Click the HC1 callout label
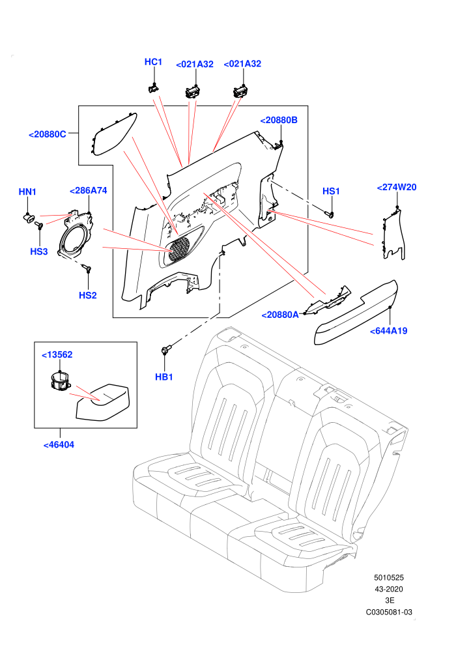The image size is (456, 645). (153, 62)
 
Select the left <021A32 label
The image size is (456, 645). (195, 64)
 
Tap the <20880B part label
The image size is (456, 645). (279, 120)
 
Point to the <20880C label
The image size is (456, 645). (48, 134)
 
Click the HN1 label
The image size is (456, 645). (27, 192)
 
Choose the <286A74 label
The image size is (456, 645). (89, 190)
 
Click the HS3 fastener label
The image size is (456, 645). (39, 251)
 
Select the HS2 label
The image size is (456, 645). (87, 295)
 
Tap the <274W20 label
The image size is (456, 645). (397, 187)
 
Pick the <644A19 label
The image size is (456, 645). (388, 331)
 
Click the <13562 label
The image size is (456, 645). (57, 354)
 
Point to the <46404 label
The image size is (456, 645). (59, 445)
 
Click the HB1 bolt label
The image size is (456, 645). (164, 377)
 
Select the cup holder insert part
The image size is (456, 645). (60, 381)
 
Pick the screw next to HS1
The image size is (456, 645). (330, 214)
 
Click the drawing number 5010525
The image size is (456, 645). (388, 577)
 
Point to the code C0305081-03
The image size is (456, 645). (389, 612)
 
